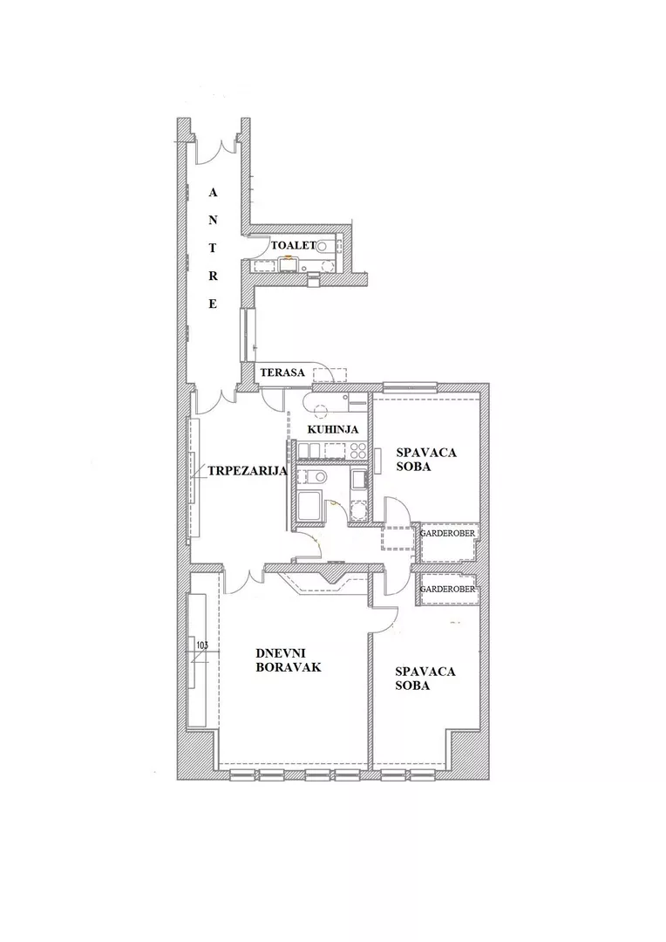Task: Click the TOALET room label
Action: coord(293,245)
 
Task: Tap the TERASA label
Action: coord(282,372)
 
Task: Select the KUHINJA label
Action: coord(333,429)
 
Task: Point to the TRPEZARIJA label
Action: coord(248,471)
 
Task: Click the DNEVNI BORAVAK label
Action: coord(289,659)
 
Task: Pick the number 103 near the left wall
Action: coord(201,645)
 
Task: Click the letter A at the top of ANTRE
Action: coord(213,193)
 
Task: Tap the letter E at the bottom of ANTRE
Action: coord(213,304)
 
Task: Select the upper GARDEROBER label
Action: coord(447,533)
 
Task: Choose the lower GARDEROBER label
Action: coord(447,590)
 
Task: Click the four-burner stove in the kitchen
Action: coord(357,451)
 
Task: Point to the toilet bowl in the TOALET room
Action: coord(323,246)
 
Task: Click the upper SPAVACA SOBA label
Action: coord(426,459)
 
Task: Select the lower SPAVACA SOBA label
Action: coord(425,679)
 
